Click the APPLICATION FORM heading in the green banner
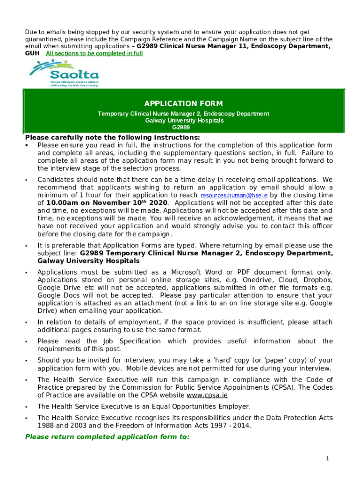click(x=183, y=103)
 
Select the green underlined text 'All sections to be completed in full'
click(x=94, y=54)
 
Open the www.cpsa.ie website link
click(x=208, y=395)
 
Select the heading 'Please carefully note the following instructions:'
click(x=112, y=138)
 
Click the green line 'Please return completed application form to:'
click(x=107, y=436)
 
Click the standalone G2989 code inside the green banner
click(x=181, y=127)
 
